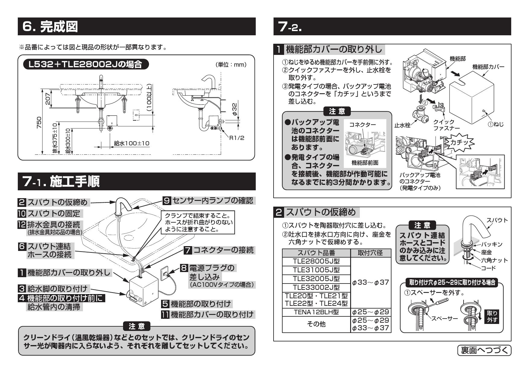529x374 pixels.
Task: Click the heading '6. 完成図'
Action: (50, 27)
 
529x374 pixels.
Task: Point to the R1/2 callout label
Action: (236, 138)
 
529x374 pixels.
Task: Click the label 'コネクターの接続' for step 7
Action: (223, 250)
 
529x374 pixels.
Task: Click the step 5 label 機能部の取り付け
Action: (201, 304)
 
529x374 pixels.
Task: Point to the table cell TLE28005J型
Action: (316, 261)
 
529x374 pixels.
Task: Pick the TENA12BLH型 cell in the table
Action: (316, 312)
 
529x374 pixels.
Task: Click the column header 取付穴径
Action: (371, 253)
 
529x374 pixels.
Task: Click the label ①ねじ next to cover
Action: (495, 124)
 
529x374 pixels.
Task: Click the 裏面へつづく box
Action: (484, 350)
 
